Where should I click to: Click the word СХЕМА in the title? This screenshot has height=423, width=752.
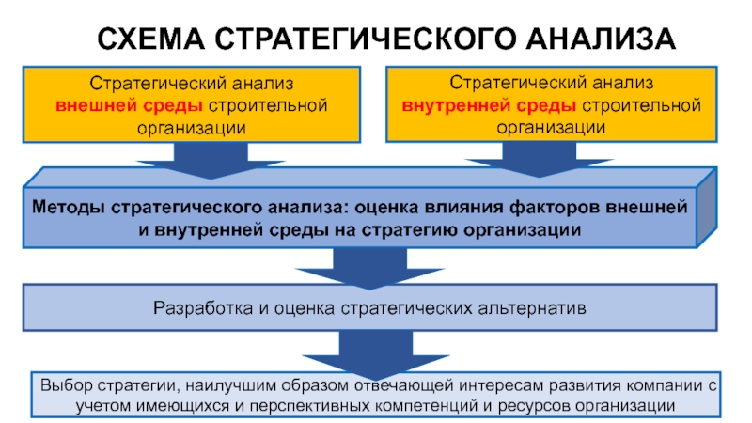pyautogui.click(x=150, y=39)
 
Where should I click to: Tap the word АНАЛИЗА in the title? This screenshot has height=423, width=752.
pyautogui.click(x=601, y=39)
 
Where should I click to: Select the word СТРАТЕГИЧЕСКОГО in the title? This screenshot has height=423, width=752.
pyautogui.click(x=365, y=39)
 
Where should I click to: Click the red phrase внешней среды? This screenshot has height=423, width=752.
pyautogui.click(x=129, y=105)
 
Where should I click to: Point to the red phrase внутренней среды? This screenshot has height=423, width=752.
pyautogui.click(x=489, y=105)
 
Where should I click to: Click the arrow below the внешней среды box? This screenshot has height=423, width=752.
pyautogui.click(x=211, y=161)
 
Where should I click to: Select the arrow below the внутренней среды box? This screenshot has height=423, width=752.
pyautogui.click(x=539, y=160)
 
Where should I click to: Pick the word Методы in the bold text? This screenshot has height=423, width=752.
pyautogui.click(x=68, y=207)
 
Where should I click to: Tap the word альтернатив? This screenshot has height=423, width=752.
pyautogui.click(x=532, y=308)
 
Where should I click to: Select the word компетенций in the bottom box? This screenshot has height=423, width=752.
pyautogui.click(x=427, y=406)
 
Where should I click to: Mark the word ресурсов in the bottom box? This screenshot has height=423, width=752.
pyautogui.click(x=534, y=406)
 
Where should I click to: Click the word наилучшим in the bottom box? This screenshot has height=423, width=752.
pyautogui.click(x=231, y=385)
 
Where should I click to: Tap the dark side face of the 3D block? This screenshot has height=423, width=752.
pyautogui.click(x=707, y=207)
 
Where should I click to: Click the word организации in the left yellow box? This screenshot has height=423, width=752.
pyautogui.click(x=192, y=128)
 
